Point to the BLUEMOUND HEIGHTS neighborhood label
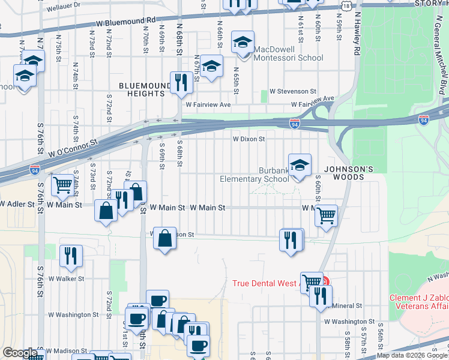(142, 90)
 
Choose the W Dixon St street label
(249, 139)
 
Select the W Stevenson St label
(293, 91)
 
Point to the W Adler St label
(17, 205)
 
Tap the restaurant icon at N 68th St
(181, 82)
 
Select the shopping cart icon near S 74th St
(63, 185)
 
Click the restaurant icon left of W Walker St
(71, 256)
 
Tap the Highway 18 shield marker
(346, 5)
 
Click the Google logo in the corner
(20, 353)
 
